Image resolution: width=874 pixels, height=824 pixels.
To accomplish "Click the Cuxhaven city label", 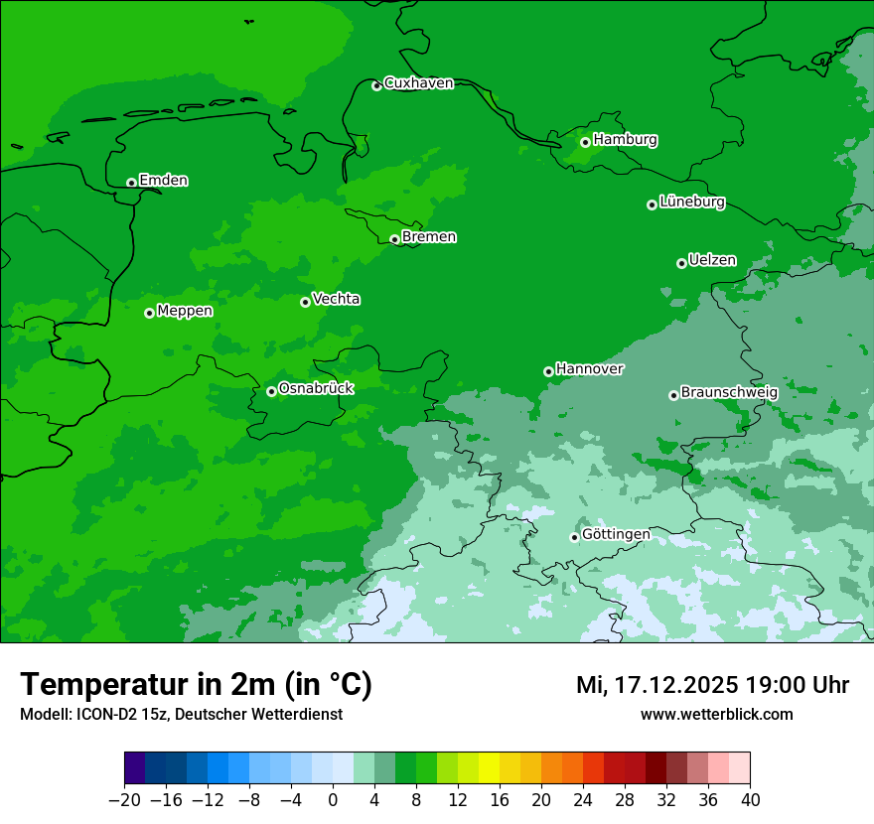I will point(418,83).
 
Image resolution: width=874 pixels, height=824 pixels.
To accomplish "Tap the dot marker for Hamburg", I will point(585,142).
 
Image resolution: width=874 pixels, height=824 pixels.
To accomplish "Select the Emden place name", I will point(163,181).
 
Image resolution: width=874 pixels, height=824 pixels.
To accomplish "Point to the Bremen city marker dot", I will point(394,239).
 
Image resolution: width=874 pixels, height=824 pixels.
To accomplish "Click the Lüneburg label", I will point(692,203).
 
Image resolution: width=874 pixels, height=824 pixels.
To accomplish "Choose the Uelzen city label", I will point(712,261).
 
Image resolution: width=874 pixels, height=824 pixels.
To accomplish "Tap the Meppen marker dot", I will point(149,313).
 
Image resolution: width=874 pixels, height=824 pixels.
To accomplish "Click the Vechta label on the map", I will point(336,299).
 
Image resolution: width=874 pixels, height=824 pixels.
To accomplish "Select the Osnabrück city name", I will point(316,389).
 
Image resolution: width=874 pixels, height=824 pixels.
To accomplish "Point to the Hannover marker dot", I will point(548,371).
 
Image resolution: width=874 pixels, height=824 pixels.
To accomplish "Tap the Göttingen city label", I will point(616,535).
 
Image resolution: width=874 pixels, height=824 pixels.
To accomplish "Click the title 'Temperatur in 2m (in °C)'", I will point(196,685).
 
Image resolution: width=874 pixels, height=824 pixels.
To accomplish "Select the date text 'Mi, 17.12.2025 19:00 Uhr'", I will point(712,685).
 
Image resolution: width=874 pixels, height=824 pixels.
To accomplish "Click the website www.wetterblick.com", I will point(716,715).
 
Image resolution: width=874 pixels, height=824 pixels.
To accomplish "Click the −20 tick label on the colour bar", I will point(124,800).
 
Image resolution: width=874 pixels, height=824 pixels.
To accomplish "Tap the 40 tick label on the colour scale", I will point(750,800).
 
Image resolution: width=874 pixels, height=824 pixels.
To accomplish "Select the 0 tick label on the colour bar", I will point(333,800).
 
